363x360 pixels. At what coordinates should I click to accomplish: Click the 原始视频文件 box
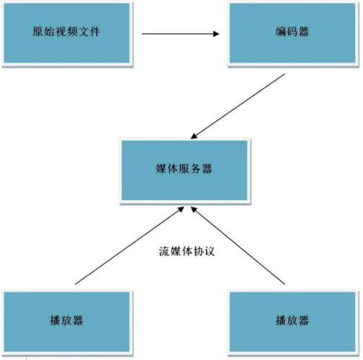(67, 33)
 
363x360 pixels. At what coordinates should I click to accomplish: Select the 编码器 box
(292, 33)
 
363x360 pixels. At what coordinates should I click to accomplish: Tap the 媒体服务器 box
(184, 170)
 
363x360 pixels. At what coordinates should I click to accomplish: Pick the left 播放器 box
(67, 322)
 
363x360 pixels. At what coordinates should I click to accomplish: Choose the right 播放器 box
(292, 322)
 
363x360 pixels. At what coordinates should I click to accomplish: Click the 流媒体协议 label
(187, 251)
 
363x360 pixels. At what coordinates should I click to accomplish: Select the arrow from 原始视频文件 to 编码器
(180, 34)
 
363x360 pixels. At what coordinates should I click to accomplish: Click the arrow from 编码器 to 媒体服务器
(238, 107)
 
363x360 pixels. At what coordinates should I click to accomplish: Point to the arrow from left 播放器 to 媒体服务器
(130, 246)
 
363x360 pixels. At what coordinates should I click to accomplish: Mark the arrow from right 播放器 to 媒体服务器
(238, 246)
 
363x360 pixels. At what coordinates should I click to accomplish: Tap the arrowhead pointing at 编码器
(216, 34)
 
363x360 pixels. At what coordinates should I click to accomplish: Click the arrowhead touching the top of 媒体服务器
(194, 136)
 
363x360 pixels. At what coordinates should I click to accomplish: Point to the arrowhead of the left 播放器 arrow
(181, 210)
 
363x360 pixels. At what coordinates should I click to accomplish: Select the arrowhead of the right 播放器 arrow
(194, 210)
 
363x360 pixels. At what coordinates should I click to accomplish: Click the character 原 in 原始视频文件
(38, 32)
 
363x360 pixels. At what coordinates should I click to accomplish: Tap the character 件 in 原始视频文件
(94, 32)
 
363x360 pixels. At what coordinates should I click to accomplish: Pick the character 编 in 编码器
(281, 32)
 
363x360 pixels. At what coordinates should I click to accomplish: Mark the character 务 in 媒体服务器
(195, 168)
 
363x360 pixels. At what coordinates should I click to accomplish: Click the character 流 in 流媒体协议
(164, 251)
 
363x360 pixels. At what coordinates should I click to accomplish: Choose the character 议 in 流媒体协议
(209, 251)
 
